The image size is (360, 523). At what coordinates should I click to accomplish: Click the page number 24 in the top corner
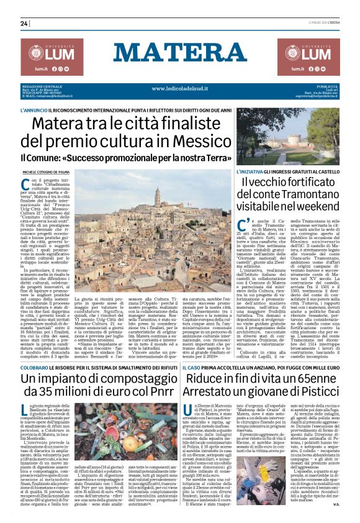pyautogui.click(x=24, y=24)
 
